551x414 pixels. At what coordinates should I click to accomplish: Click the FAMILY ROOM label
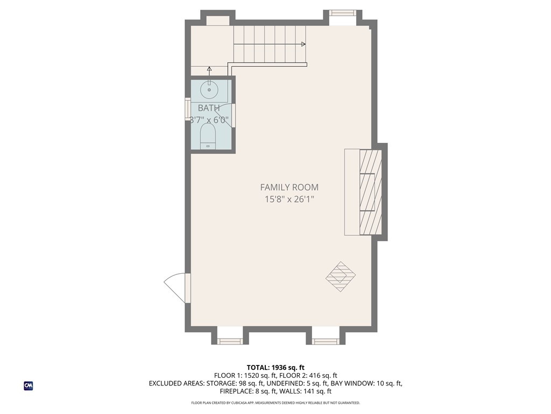tap(289, 188)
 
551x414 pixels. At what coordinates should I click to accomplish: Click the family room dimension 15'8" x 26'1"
tap(289, 199)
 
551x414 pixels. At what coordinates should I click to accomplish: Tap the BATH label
tap(209, 108)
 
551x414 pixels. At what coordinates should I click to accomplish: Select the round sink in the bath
tap(209, 88)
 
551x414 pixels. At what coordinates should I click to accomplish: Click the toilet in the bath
tap(208, 136)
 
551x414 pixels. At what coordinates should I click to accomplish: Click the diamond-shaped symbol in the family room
tap(341, 277)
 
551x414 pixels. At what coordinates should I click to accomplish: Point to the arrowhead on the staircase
tap(303, 44)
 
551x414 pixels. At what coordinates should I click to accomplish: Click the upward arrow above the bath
tap(209, 70)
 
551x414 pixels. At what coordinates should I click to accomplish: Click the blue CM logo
tap(29, 385)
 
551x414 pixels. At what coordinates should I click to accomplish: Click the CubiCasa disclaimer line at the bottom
tap(275, 403)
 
